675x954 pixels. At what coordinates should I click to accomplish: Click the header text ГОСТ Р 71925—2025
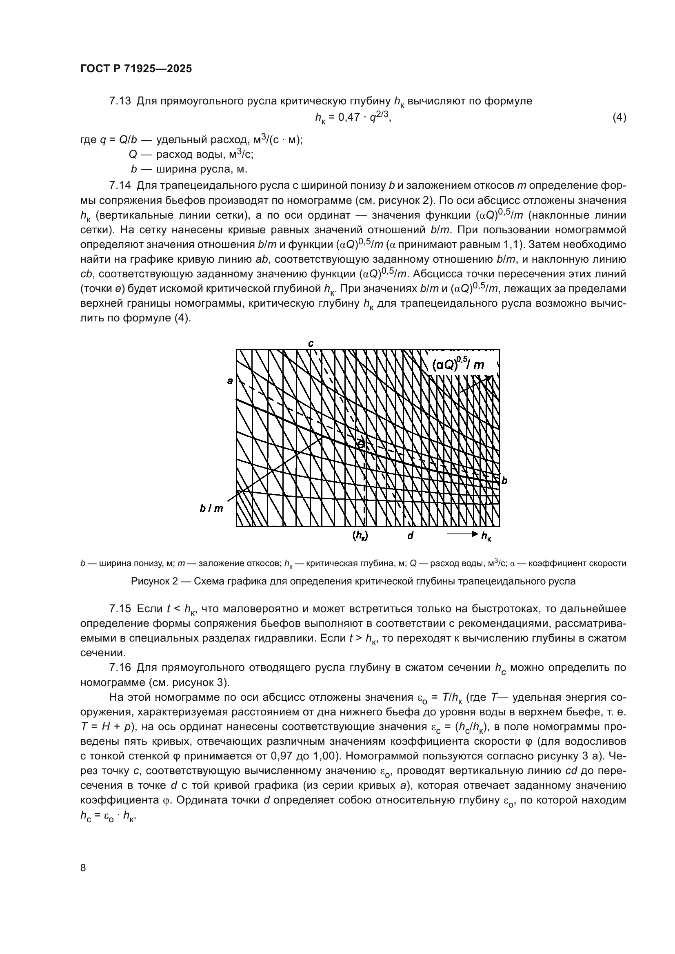(x=136, y=69)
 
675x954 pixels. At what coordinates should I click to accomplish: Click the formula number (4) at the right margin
(x=619, y=118)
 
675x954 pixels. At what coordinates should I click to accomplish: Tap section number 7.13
(x=120, y=101)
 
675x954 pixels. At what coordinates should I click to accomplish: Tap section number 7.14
(x=120, y=185)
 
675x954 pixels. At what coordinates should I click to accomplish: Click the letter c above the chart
(x=311, y=343)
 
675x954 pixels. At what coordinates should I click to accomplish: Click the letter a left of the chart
(x=230, y=381)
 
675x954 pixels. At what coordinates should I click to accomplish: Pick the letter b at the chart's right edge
(x=504, y=481)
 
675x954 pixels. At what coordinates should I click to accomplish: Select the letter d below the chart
(x=410, y=536)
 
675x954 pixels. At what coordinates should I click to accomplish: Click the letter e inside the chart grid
(x=361, y=444)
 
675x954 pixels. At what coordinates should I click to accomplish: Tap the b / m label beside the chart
(x=211, y=509)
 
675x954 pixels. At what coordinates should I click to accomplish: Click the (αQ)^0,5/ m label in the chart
(x=458, y=365)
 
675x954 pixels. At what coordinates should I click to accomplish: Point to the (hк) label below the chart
(x=360, y=536)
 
